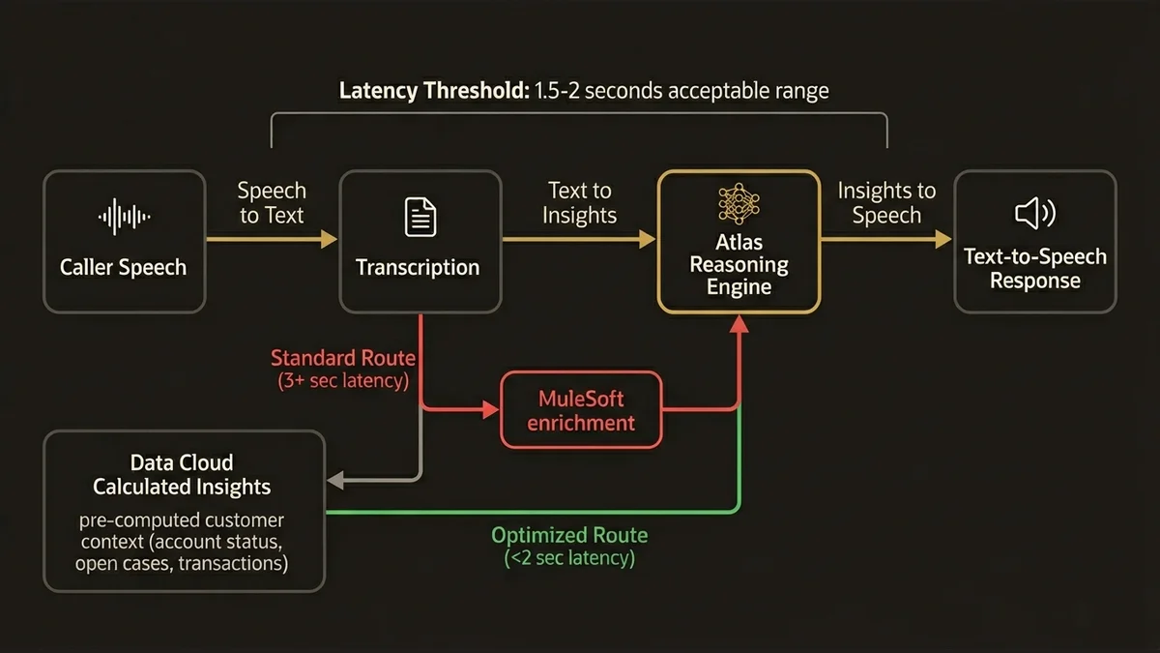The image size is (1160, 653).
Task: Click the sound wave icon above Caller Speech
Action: pyautogui.click(x=125, y=217)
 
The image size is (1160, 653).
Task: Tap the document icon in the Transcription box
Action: pyautogui.click(x=420, y=217)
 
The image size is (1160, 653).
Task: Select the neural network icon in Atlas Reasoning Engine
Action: pyautogui.click(x=739, y=205)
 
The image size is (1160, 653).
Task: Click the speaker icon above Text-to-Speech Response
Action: pyautogui.click(x=1034, y=213)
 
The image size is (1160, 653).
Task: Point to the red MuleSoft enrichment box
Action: pyautogui.click(x=581, y=410)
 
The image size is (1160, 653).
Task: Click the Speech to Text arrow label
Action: pyautogui.click(x=272, y=203)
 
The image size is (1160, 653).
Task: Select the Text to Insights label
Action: pyautogui.click(x=579, y=203)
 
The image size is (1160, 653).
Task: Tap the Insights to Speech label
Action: pyautogui.click(x=885, y=203)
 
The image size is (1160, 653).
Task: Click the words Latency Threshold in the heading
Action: pyautogui.click(x=433, y=91)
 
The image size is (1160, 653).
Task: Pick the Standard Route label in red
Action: pyautogui.click(x=342, y=358)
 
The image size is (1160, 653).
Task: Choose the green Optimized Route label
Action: pyautogui.click(x=569, y=535)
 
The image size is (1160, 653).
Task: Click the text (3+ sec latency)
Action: pyautogui.click(x=342, y=380)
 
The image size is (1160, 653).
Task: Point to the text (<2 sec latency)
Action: pyautogui.click(x=569, y=558)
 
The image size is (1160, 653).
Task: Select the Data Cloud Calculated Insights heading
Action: pyautogui.click(x=182, y=474)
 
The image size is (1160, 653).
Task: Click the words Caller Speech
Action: pyautogui.click(x=124, y=267)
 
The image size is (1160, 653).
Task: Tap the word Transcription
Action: pyautogui.click(x=418, y=267)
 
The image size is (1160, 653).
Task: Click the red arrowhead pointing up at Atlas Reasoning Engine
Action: pyautogui.click(x=739, y=326)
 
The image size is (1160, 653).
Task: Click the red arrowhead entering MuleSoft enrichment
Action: pyautogui.click(x=490, y=410)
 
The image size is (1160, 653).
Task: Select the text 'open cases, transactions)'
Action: pyautogui.click(x=182, y=562)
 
